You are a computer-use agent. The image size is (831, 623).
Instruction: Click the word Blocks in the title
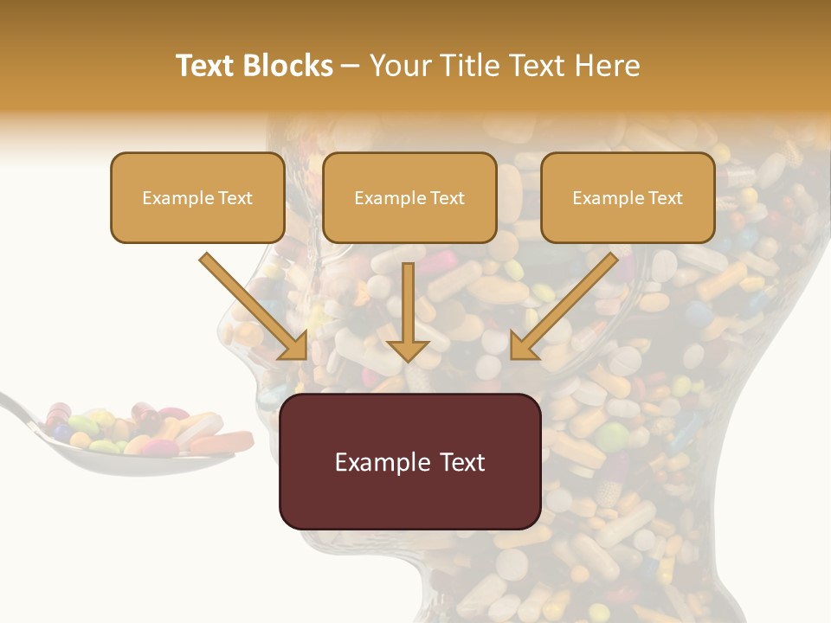tap(288, 66)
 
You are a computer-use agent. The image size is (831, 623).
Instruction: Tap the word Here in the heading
tap(609, 66)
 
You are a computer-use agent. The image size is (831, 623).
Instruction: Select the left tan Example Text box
tap(197, 198)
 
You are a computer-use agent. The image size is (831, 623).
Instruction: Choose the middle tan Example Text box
tap(409, 198)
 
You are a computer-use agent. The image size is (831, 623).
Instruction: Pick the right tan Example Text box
tap(628, 198)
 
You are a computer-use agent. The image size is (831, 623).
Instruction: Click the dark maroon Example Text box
tap(409, 462)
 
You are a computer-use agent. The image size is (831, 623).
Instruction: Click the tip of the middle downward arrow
tap(409, 358)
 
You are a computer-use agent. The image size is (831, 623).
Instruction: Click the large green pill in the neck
tap(612, 435)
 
